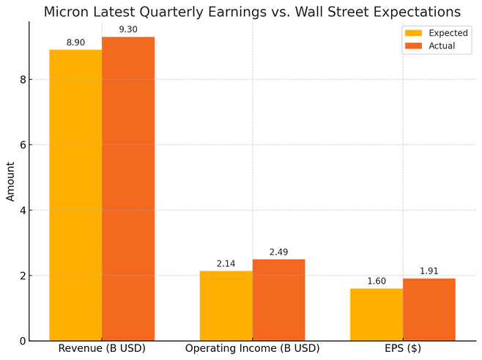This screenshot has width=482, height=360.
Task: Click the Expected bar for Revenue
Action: click(75, 195)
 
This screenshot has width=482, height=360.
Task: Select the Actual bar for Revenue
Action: click(128, 188)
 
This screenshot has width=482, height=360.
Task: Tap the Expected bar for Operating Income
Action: click(226, 306)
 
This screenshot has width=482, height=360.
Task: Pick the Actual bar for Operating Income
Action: click(278, 300)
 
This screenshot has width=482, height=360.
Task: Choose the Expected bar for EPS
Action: click(377, 315)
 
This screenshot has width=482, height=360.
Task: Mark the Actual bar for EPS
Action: click(429, 309)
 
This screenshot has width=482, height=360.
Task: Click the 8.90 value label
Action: click(75, 43)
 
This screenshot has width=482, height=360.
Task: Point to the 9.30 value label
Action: click(128, 29)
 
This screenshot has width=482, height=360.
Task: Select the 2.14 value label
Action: click(226, 264)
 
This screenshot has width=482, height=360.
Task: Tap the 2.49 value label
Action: click(278, 252)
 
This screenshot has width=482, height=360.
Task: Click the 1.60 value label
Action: click(377, 282)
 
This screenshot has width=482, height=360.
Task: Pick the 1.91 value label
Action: click(429, 271)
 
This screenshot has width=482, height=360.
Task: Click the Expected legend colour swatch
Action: click(413, 33)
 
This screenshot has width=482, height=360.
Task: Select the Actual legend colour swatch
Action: click(413, 45)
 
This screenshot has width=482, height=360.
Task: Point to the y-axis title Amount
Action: click(11, 181)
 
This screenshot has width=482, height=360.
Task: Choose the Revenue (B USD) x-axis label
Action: click(102, 349)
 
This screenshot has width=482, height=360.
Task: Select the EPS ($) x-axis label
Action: click(402, 349)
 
